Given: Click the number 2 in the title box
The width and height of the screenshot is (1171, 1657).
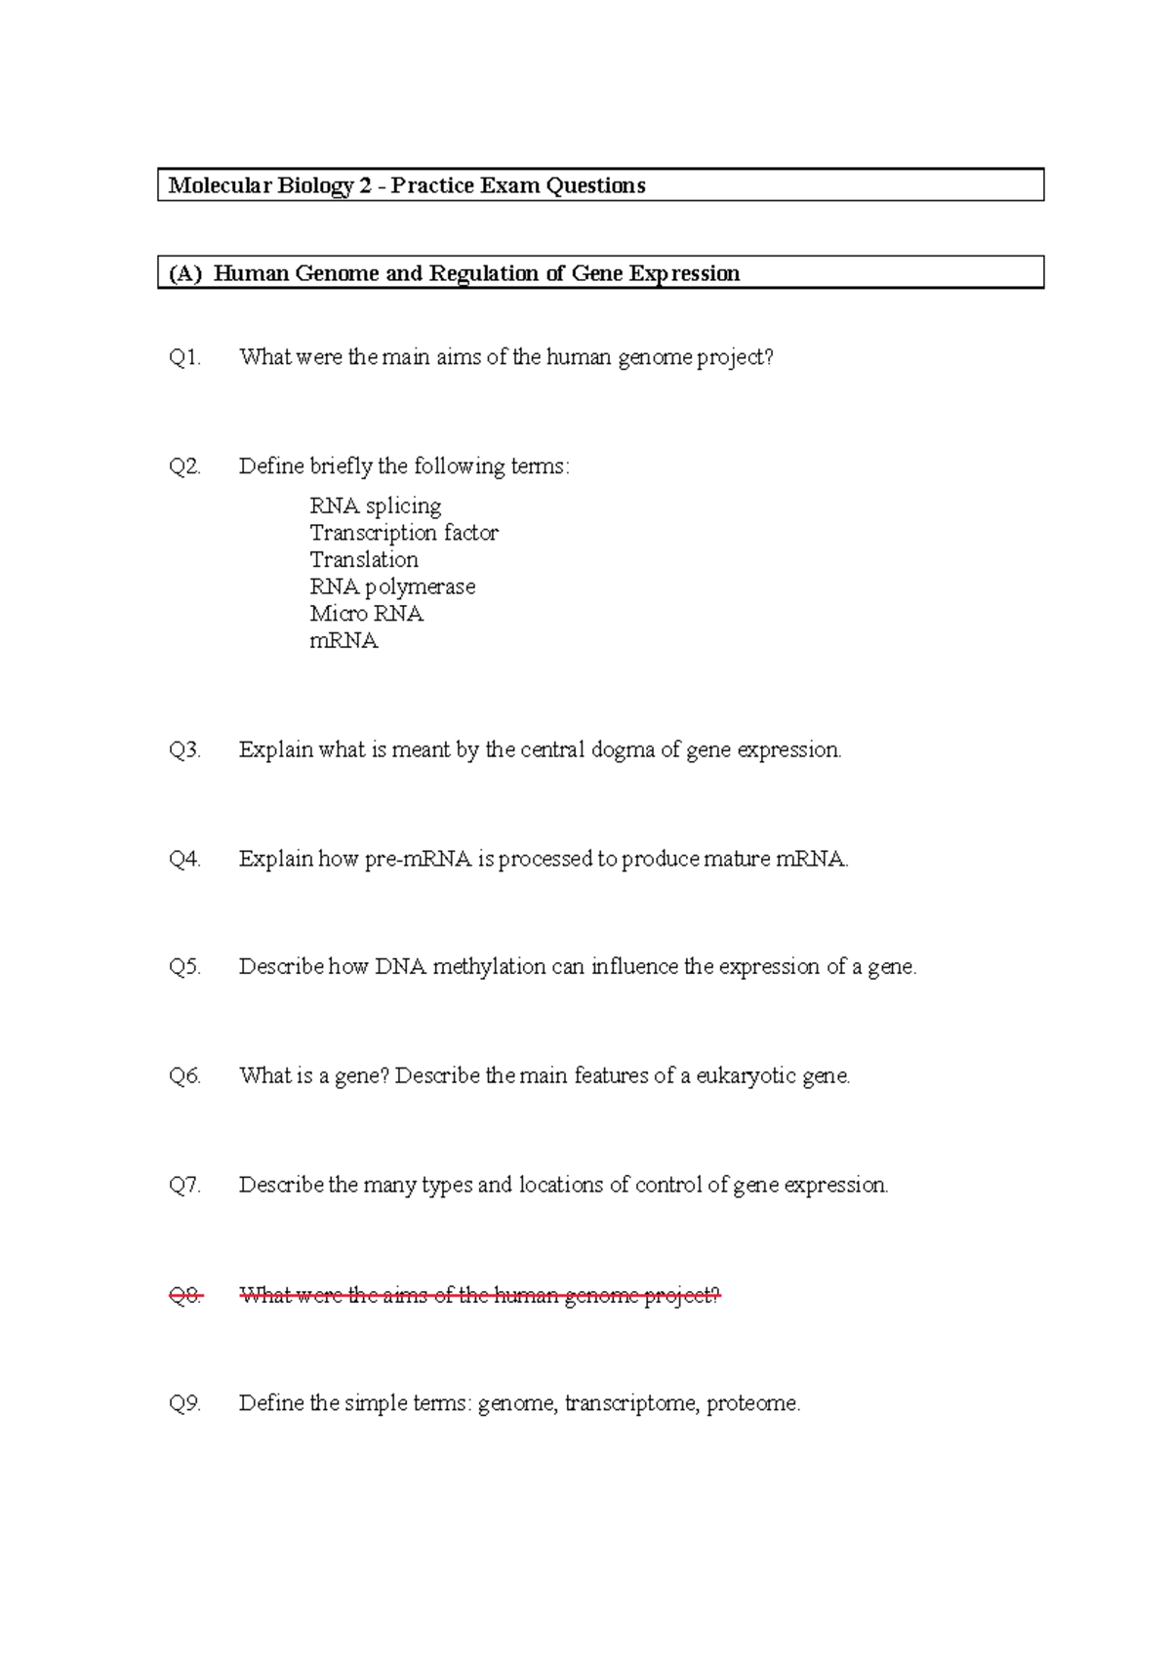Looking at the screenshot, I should [364, 185].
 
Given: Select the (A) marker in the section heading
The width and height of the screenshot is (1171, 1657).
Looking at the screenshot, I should [185, 273].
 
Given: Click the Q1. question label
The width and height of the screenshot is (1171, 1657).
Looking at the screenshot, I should [184, 357].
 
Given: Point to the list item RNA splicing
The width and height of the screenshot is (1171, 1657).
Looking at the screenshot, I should [376, 505].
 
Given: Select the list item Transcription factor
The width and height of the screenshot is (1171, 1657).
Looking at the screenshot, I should [404, 533].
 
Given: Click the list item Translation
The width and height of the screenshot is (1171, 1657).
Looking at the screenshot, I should [364, 560].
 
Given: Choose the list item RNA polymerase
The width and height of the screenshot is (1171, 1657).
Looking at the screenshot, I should [392, 586].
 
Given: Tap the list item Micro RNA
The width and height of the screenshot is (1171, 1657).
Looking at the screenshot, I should [366, 614].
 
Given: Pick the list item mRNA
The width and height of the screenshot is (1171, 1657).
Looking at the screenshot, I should [343, 641].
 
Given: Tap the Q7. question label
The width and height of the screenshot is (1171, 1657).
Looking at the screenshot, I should [184, 1186].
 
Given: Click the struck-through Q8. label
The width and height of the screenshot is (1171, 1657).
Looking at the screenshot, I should [184, 1296].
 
